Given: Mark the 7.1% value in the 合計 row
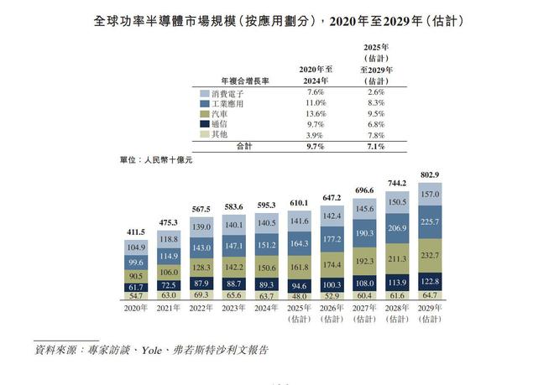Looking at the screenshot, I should pos(376,146).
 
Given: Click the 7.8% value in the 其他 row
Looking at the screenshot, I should pos(376,134).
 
